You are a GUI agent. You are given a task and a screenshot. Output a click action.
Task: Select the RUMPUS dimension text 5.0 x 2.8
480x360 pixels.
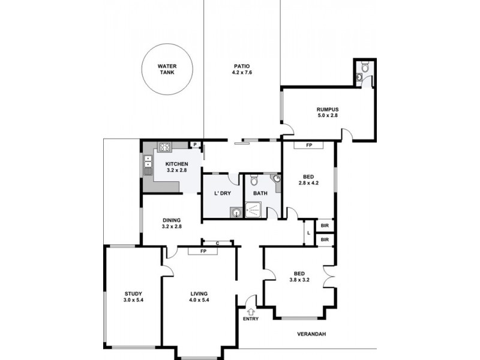[x=328, y=115]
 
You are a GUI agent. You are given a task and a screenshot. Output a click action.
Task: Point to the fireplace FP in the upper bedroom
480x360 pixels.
[x=308, y=145]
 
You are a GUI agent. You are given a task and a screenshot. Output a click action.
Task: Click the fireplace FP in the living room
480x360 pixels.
[x=203, y=251]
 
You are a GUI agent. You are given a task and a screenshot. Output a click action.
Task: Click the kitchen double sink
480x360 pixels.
[x=148, y=162]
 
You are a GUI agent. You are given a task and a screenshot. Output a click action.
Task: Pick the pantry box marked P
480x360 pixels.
[x=195, y=145]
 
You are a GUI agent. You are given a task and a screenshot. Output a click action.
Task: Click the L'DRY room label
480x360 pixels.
[x=223, y=193]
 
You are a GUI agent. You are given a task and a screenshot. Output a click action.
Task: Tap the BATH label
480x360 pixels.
[x=260, y=193]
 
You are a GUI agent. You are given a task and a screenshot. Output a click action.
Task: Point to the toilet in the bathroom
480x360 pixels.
[x=254, y=179]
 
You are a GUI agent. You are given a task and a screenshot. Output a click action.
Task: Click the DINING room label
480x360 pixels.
[x=172, y=220]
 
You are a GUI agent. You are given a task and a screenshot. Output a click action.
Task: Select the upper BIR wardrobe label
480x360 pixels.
[x=325, y=226]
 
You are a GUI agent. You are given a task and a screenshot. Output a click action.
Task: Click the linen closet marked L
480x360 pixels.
[x=308, y=233]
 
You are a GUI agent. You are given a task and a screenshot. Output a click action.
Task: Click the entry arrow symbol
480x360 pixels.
[x=250, y=310]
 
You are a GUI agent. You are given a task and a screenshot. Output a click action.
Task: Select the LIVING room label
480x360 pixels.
[x=199, y=293]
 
